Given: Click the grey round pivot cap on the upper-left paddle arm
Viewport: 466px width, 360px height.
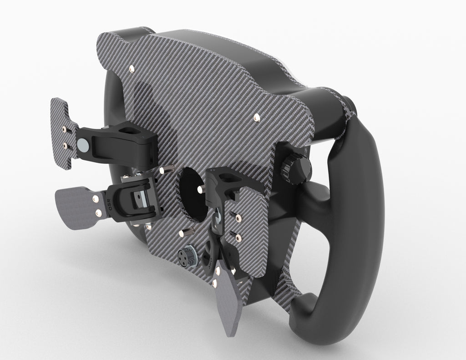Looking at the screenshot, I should click(83, 145).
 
